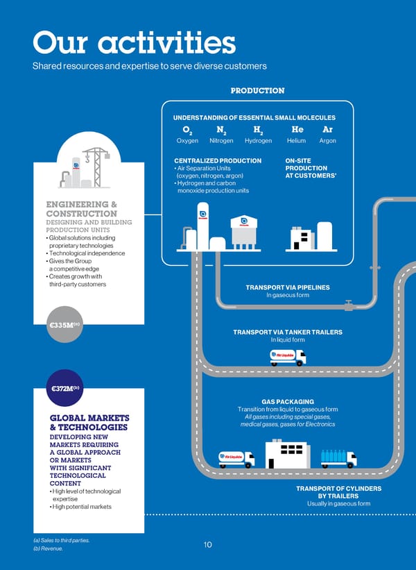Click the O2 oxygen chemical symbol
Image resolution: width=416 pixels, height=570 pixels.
pyautogui.click(x=187, y=130)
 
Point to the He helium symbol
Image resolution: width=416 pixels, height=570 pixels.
pyautogui.click(x=297, y=129)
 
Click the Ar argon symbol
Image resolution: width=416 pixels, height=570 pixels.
pyautogui.click(x=327, y=129)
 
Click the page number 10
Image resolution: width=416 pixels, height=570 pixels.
pyautogui.click(x=208, y=545)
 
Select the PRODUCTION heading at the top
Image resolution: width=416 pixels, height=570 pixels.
pyautogui.click(x=257, y=90)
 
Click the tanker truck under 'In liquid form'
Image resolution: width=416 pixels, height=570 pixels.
pyautogui.click(x=288, y=357)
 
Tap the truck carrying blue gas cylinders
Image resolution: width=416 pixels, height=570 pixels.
pyautogui.click(x=338, y=458)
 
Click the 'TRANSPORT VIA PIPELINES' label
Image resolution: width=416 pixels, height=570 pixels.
pyautogui.click(x=287, y=287)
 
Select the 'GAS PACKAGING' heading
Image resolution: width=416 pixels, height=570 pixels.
pyautogui.click(x=288, y=401)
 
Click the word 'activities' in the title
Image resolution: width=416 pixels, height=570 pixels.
pyautogui.click(x=167, y=44)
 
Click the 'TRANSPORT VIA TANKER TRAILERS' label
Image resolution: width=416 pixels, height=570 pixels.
pyautogui.click(x=287, y=332)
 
